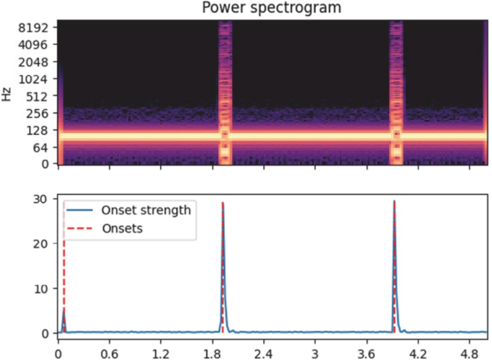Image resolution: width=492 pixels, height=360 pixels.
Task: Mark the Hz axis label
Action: [7, 95]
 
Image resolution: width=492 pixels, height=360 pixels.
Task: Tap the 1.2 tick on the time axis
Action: [161, 354]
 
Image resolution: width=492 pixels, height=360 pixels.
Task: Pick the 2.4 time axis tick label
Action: [263, 354]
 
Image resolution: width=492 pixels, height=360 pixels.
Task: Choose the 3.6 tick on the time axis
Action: [366, 354]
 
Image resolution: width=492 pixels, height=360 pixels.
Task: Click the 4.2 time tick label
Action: [418, 354]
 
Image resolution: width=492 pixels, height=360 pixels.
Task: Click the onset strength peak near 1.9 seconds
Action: [223, 203]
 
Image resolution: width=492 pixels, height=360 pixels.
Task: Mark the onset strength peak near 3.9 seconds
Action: [394, 202]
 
